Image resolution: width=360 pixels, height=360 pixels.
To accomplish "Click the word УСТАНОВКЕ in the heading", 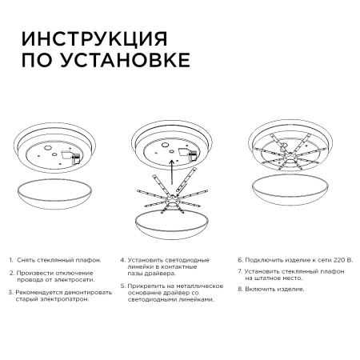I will coord(127,62).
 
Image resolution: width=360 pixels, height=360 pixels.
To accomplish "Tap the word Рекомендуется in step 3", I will coord(41,293).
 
